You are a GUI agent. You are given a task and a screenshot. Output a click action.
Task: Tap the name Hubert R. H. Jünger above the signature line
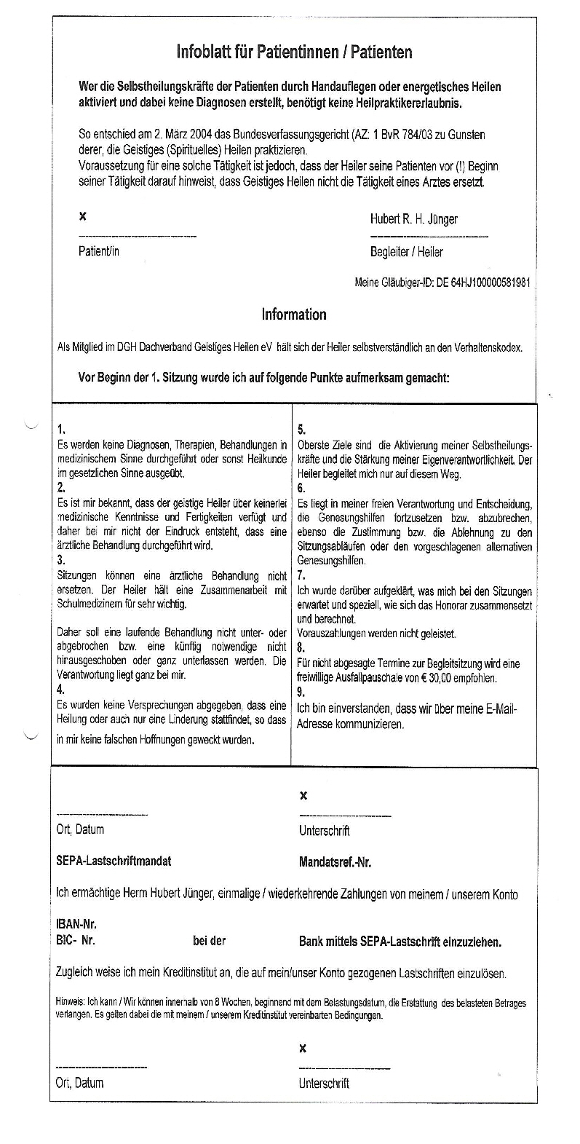click(413, 219)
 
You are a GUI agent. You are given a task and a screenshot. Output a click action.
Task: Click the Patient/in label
click(98, 252)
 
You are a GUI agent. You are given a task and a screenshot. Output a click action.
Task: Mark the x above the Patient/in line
click(82, 216)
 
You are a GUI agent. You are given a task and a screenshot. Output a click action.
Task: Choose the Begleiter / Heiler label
click(406, 252)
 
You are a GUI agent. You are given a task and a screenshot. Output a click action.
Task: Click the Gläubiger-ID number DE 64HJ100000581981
click(482, 282)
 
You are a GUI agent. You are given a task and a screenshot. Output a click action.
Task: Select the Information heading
click(294, 315)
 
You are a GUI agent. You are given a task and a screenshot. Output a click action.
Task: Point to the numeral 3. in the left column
click(61, 561)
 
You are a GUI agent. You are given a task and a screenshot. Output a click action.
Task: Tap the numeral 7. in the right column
click(302, 575)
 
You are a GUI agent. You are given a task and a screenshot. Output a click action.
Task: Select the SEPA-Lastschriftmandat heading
click(114, 861)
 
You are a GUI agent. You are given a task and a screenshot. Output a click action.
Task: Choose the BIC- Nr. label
click(76, 940)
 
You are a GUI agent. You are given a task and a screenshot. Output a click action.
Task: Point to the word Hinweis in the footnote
click(70, 1003)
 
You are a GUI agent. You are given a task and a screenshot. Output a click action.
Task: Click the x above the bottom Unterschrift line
click(303, 1048)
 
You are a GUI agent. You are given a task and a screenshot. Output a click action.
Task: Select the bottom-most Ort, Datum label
click(79, 1083)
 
